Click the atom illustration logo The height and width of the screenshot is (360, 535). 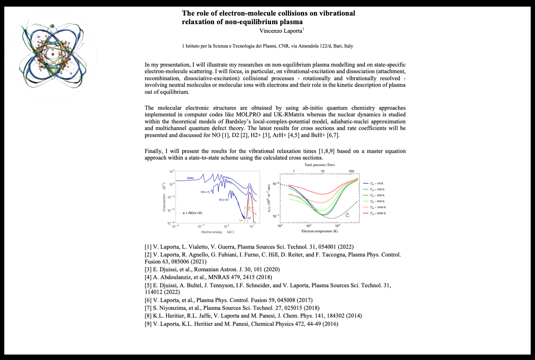click(52, 55)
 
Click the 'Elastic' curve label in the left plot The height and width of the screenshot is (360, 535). click(190, 178)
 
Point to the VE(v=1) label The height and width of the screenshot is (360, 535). click(203, 192)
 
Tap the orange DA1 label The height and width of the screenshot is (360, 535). click(241, 221)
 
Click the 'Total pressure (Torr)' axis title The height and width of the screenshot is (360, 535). click(320, 165)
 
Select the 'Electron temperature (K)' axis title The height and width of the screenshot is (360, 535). click(319, 231)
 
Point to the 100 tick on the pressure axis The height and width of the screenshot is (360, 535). click(351, 171)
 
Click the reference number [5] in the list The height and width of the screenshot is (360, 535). click(148, 285)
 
